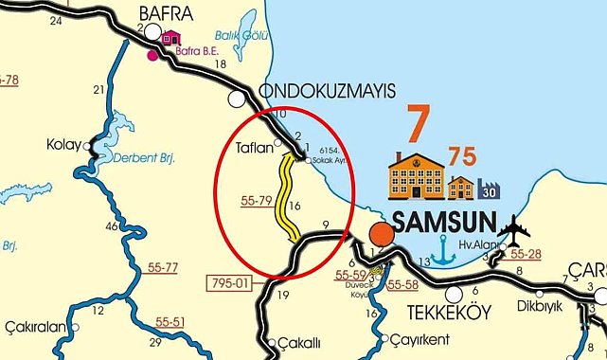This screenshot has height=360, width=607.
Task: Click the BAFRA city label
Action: tap(166, 13)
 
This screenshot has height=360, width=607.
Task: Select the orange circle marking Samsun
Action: tap(381, 233)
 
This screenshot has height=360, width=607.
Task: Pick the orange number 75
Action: tap(462, 156)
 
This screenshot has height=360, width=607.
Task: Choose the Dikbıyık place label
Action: tap(540, 305)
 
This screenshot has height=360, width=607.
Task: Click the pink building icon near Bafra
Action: tap(170, 39)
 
